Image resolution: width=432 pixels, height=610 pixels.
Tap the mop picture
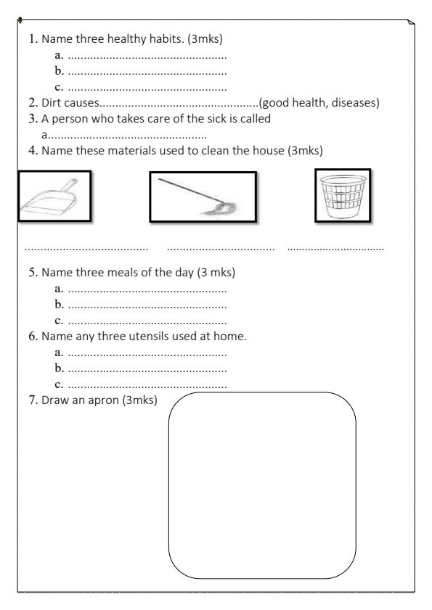tap(203, 197)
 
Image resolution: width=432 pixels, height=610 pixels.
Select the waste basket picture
tap(343, 195)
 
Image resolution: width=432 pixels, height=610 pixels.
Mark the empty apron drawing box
tap(262, 485)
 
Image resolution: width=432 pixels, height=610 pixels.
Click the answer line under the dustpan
tap(86, 249)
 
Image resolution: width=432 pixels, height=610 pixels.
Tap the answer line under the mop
tap(221, 249)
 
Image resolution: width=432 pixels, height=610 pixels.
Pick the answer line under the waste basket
tap(335, 249)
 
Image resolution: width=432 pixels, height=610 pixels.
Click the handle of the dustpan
tap(70, 185)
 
